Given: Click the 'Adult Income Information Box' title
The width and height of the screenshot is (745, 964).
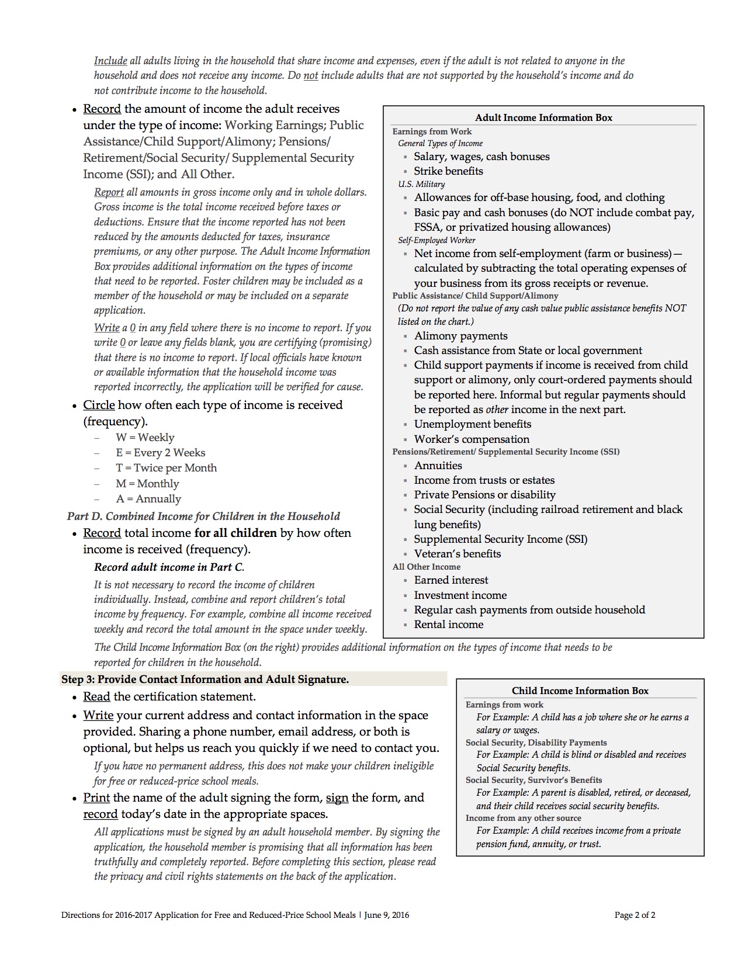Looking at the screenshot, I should coord(543,117).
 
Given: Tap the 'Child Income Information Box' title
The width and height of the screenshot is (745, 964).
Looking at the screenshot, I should coord(580,691).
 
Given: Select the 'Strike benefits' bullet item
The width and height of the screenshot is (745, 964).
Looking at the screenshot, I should coord(448,171).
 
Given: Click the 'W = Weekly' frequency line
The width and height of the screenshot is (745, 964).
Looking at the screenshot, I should coord(145,438).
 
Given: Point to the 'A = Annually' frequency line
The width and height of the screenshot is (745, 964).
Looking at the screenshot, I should coord(148,499).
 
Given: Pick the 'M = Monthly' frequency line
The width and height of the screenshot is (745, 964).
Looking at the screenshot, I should coord(147,484).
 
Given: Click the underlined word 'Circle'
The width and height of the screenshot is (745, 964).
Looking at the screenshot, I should coord(99,405).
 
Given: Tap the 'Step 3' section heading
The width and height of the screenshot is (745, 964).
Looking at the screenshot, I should coord(205,679).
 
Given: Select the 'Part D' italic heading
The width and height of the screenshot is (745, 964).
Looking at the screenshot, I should coord(203,516).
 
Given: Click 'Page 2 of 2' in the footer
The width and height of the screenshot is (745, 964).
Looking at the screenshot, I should coord(635,915).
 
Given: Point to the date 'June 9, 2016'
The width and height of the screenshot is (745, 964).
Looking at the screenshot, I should coord(386,915).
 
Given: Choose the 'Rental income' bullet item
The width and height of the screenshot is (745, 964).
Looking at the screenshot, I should coord(449,625).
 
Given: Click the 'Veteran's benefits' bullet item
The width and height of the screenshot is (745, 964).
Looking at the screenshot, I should coord(458,554).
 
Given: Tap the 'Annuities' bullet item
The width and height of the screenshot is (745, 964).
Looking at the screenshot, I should coord(438,466).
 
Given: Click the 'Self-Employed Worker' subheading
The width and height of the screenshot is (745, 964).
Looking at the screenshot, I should coord(436,240).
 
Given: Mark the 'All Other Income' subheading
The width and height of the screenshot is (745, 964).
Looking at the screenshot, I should coord(427,567).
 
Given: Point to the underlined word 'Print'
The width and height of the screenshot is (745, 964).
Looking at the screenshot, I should coord(96,797).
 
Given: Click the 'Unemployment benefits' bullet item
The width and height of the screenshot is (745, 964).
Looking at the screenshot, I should coord(473,424).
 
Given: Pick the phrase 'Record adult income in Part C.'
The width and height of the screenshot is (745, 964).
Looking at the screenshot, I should coord(169,567).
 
